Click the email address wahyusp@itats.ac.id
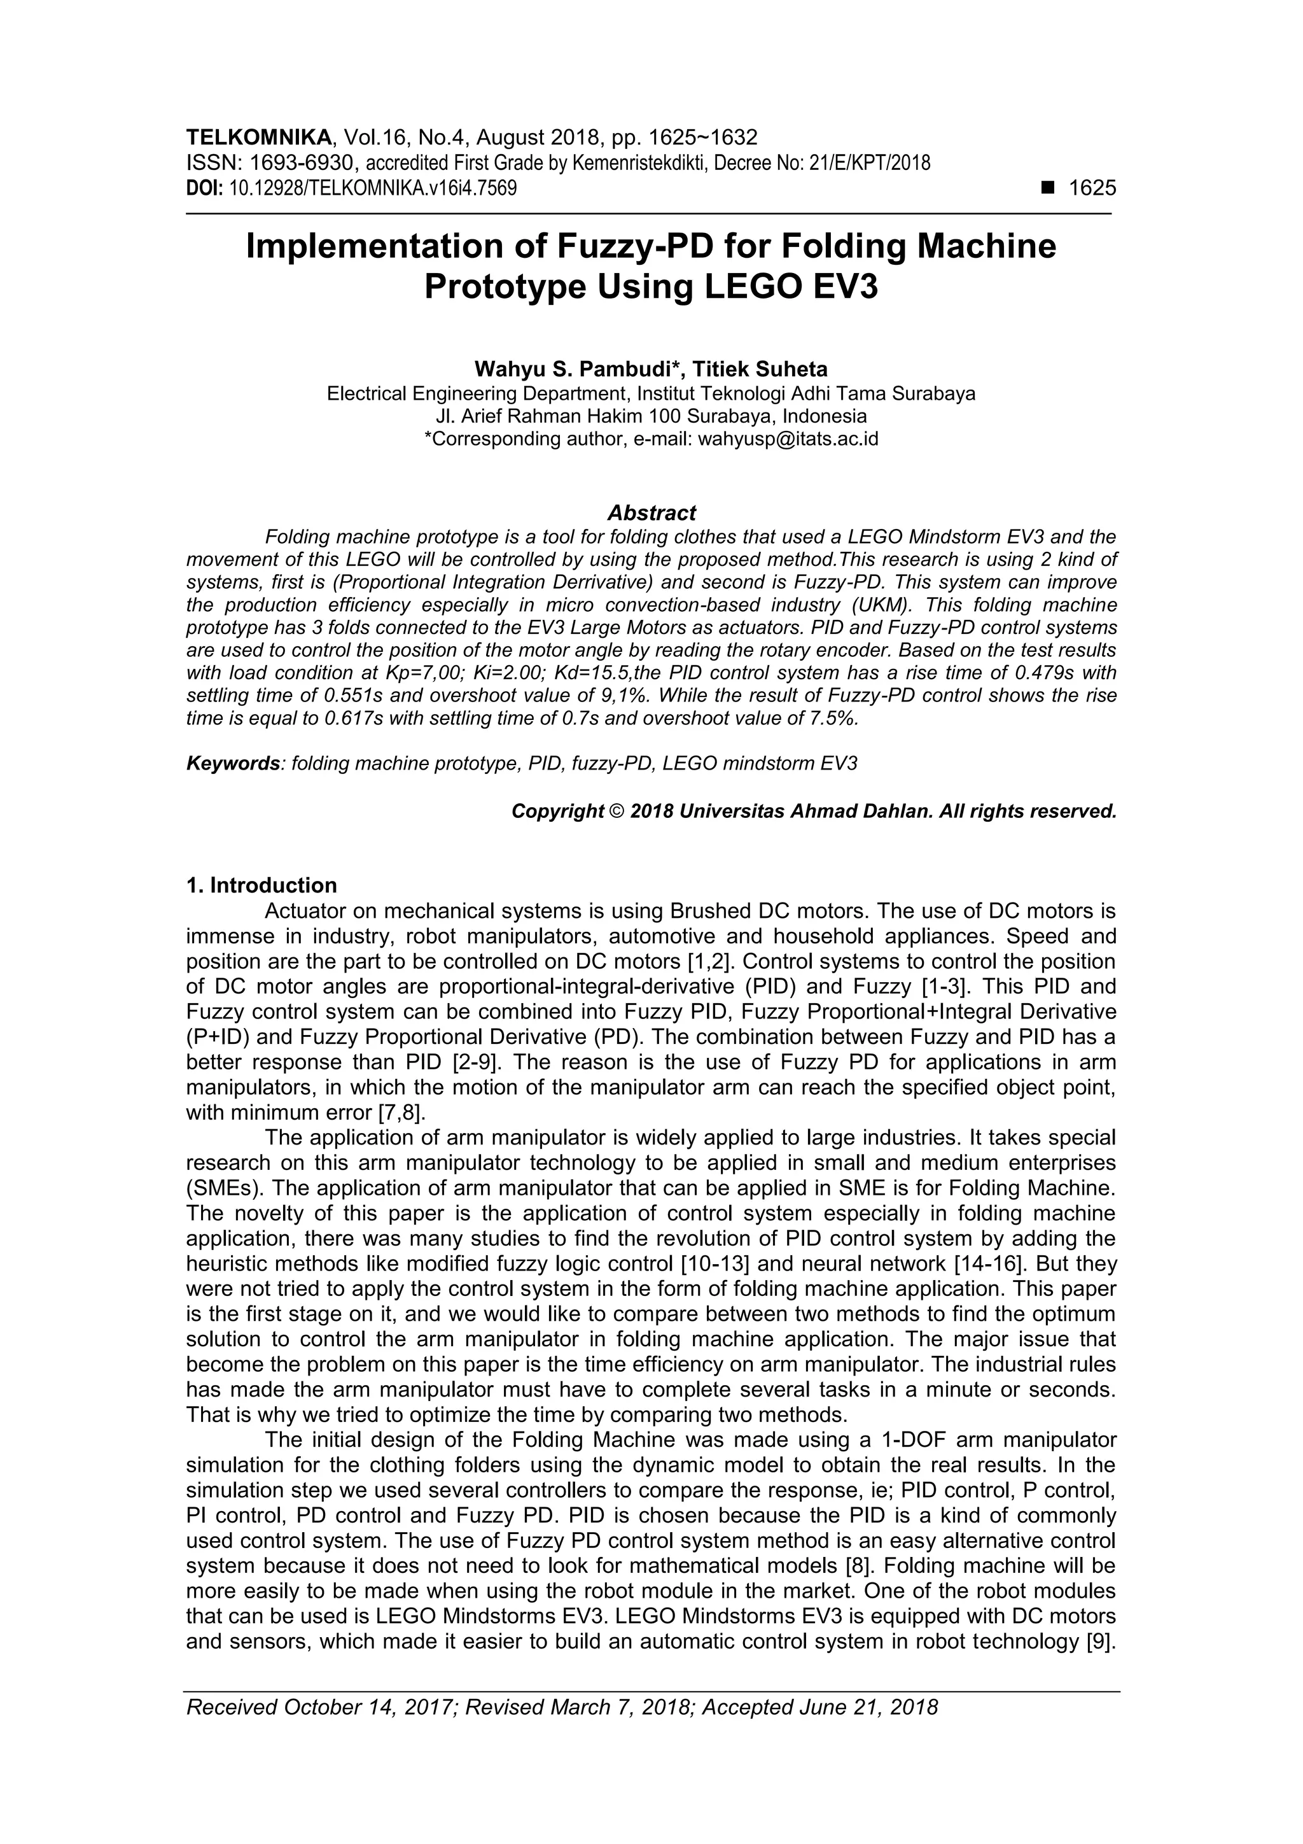(788, 439)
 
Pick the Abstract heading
(651, 512)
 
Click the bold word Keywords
(232, 763)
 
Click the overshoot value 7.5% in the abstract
(830, 718)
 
